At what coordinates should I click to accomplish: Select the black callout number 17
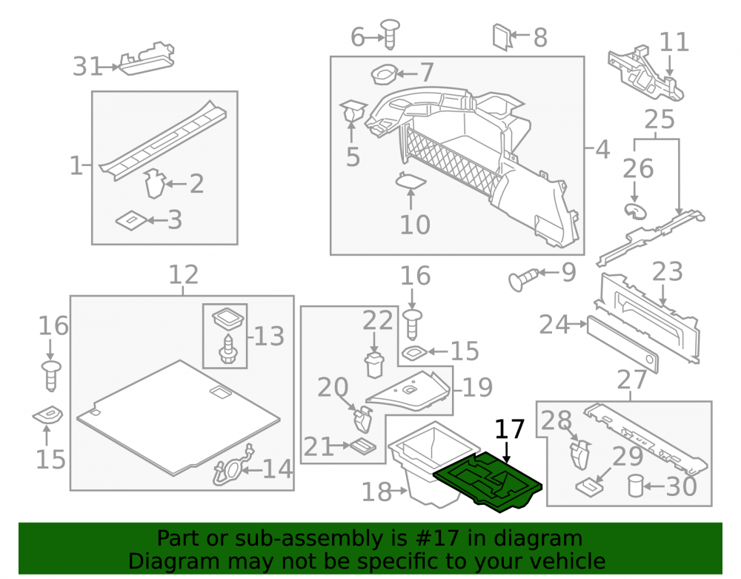click(x=510, y=429)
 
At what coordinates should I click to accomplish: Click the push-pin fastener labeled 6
click(x=390, y=34)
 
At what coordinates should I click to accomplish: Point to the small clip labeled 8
click(x=502, y=37)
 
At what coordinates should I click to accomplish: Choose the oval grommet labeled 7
click(x=384, y=74)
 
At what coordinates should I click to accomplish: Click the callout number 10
click(x=415, y=225)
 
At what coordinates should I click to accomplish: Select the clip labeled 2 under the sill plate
click(x=154, y=183)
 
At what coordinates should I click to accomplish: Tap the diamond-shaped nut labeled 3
click(x=131, y=221)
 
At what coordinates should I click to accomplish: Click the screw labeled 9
click(x=523, y=279)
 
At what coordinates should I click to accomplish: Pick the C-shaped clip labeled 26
click(x=635, y=211)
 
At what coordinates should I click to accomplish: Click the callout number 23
click(x=668, y=272)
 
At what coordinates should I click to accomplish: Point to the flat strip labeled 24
click(x=622, y=344)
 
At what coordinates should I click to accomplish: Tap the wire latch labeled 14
click(x=233, y=468)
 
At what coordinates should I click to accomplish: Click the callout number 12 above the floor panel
click(x=184, y=274)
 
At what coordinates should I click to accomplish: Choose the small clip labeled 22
click(x=374, y=365)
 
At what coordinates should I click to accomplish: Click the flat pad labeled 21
click(x=362, y=446)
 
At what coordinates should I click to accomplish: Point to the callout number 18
click(x=376, y=492)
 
